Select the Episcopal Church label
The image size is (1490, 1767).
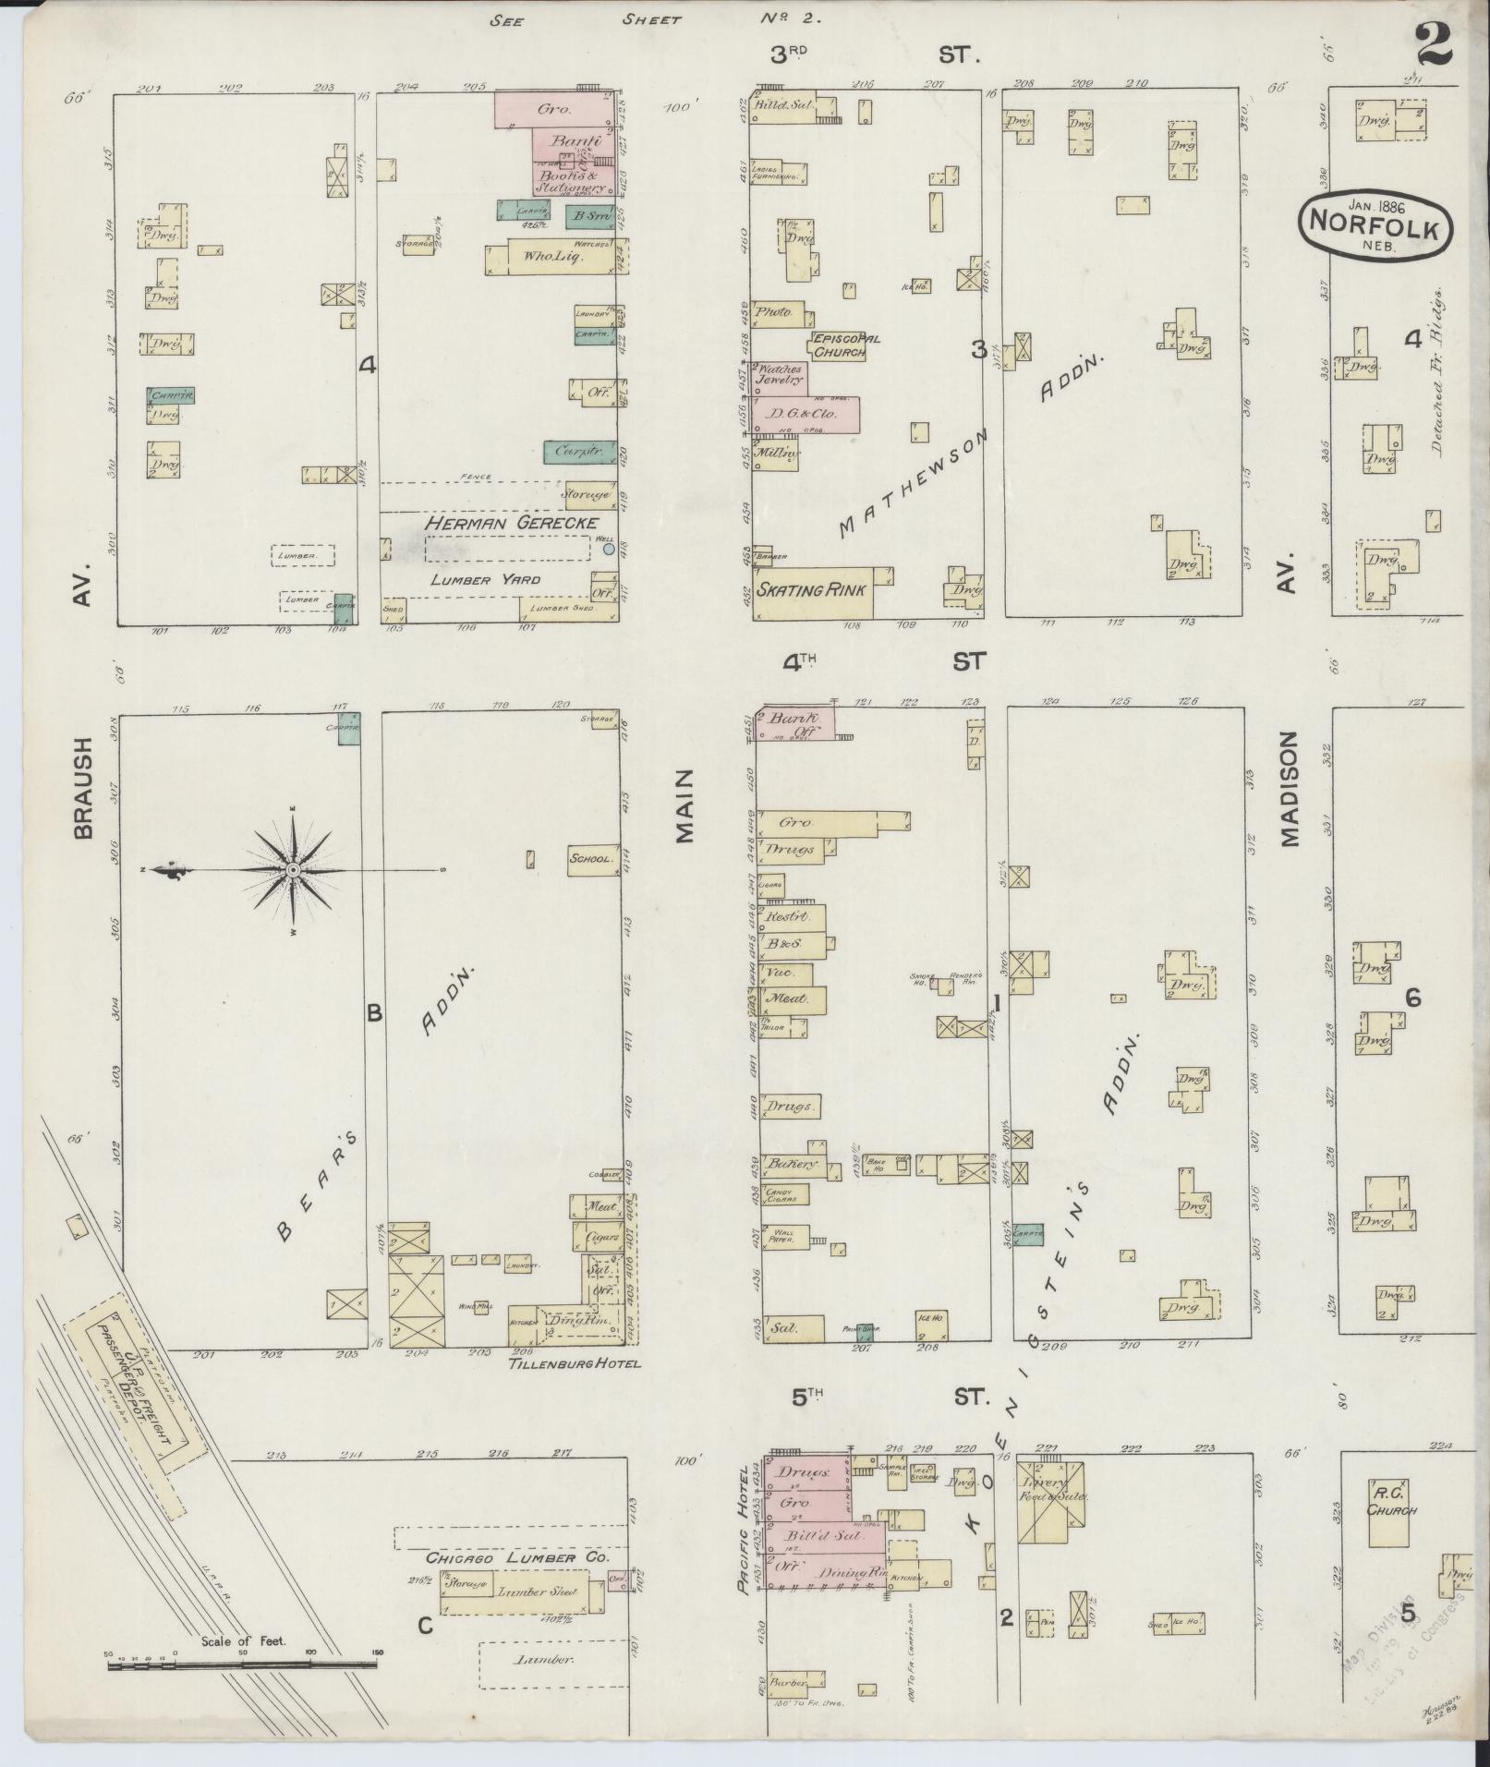(840, 345)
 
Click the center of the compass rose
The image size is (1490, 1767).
(292, 870)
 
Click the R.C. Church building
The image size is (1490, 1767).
(1389, 1512)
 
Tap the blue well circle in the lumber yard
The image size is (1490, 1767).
(608, 549)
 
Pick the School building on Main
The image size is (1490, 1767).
(591, 859)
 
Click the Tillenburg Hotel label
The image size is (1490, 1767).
(574, 1362)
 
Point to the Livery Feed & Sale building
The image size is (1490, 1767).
(1050, 1501)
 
